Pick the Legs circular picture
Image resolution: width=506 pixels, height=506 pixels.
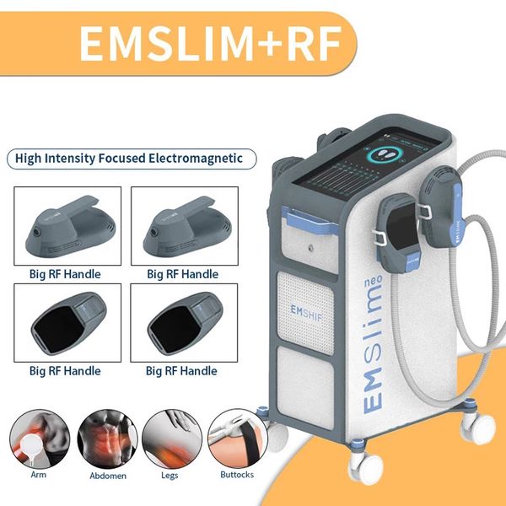point(170,440)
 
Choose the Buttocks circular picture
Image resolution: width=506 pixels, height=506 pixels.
point(237,440)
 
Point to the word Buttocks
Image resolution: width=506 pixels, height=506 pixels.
point(237,475)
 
